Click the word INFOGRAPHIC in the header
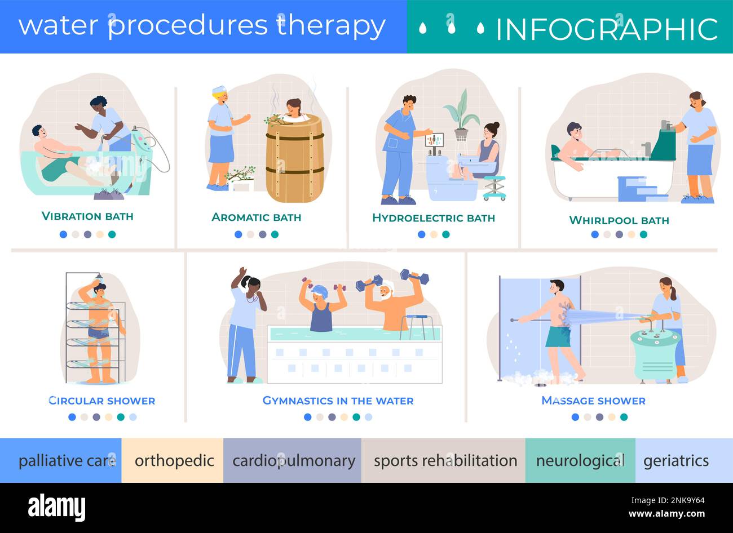click(606, 29)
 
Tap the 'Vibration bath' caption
click(87, 216)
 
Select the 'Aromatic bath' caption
click(256, 217)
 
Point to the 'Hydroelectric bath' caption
click(433, 217)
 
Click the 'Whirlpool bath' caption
click(619, 220)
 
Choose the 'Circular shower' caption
click(101, 401)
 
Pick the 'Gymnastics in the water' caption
click(338, 401)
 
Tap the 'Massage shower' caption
click(593, 401)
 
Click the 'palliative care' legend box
click(61, 461)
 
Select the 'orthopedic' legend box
click(173, 461)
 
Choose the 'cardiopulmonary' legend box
click(293, 461)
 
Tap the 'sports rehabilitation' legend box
click(444, 461)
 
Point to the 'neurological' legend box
click(580, 461)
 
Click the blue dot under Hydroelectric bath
click(421, 234)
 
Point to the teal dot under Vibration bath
click(112, 234)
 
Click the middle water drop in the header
click(451, 26)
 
